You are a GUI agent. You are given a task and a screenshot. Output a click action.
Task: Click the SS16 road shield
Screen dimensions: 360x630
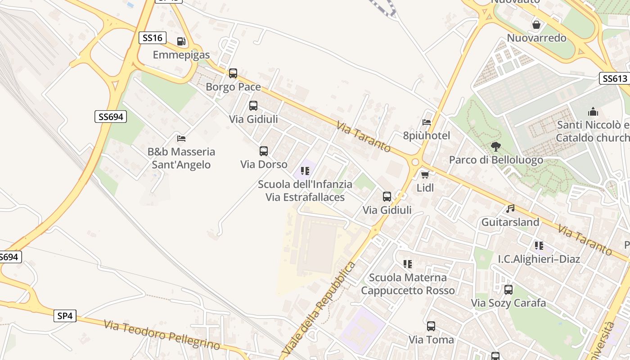point(152,38)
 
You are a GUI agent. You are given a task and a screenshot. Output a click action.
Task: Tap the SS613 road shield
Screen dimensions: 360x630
point(615,78)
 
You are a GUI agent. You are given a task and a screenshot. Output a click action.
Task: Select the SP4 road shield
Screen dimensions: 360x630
point(65,316)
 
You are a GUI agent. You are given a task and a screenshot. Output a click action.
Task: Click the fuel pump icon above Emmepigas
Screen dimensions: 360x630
point(181,41)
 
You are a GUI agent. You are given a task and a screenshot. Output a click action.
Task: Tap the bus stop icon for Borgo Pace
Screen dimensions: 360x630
point(233,73)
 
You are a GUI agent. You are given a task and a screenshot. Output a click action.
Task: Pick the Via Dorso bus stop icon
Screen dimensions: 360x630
point(264,151)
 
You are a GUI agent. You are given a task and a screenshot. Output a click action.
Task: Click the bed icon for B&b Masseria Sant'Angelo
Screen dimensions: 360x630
point(181,138)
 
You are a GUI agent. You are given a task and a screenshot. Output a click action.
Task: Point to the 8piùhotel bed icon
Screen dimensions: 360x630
point(427,122)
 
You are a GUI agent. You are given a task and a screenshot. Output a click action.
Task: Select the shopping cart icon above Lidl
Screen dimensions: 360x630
point(425,175)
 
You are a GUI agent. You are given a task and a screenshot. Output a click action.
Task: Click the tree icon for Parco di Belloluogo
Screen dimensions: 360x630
point(496,147)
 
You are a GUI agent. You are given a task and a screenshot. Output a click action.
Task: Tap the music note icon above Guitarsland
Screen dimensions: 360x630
point(510,209)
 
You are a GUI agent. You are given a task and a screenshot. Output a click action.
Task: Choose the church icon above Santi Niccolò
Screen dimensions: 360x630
point(593,112)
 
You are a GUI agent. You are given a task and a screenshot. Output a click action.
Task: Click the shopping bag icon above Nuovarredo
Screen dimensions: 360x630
point(536,24)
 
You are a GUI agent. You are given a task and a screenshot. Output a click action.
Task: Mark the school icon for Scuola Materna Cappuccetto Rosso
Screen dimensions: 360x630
point(408,264)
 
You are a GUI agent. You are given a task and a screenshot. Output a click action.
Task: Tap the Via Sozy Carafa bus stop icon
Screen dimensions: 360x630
point(508,290)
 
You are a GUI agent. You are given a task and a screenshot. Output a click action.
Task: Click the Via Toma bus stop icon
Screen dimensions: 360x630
point(431,326)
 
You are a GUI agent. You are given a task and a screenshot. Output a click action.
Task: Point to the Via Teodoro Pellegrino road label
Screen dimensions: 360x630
point(162,335)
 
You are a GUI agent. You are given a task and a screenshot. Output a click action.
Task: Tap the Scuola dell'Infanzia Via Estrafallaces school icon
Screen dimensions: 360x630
point(305,171)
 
